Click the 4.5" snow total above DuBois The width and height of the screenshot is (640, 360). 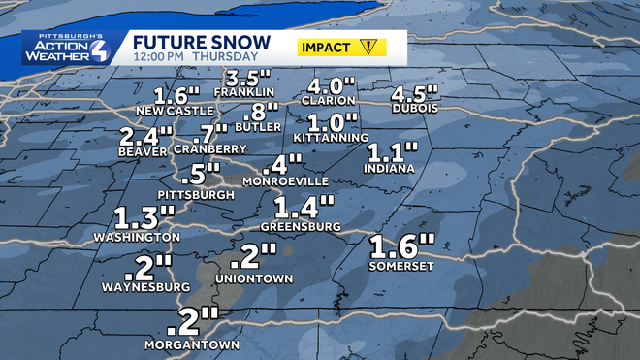[x=415, y=95]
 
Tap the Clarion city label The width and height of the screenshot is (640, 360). [x=330, y=100]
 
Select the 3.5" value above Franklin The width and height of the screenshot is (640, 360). [x=246, y=78]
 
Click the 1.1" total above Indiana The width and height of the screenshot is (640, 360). [x=393, y=151]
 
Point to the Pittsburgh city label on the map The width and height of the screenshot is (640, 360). [x=196, y=195]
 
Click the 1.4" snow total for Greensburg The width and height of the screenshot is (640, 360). [x=304, y=207]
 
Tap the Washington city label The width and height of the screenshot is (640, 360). [x=137, y=236]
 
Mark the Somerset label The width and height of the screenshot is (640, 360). [x=399, y=265]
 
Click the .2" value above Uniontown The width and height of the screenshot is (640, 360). [x=254, y=256]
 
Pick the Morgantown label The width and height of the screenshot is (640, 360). [x=191, y=344]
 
